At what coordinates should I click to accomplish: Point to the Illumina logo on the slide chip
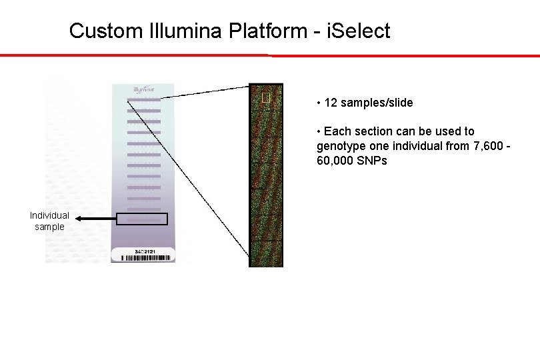tap(144, 89)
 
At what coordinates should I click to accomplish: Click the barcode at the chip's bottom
tap(144, 257)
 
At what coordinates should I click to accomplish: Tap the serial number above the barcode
tap(144, 251)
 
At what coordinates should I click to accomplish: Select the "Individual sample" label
tap(49, 221)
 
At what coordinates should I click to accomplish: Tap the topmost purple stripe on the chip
tap(144, 100)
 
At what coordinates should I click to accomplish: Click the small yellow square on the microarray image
tap(266, 98)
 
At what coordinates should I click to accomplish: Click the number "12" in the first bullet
tap(330, 103)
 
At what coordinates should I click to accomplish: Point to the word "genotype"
tap(340, 147)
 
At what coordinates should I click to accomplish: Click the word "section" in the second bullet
tap(369, 132)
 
